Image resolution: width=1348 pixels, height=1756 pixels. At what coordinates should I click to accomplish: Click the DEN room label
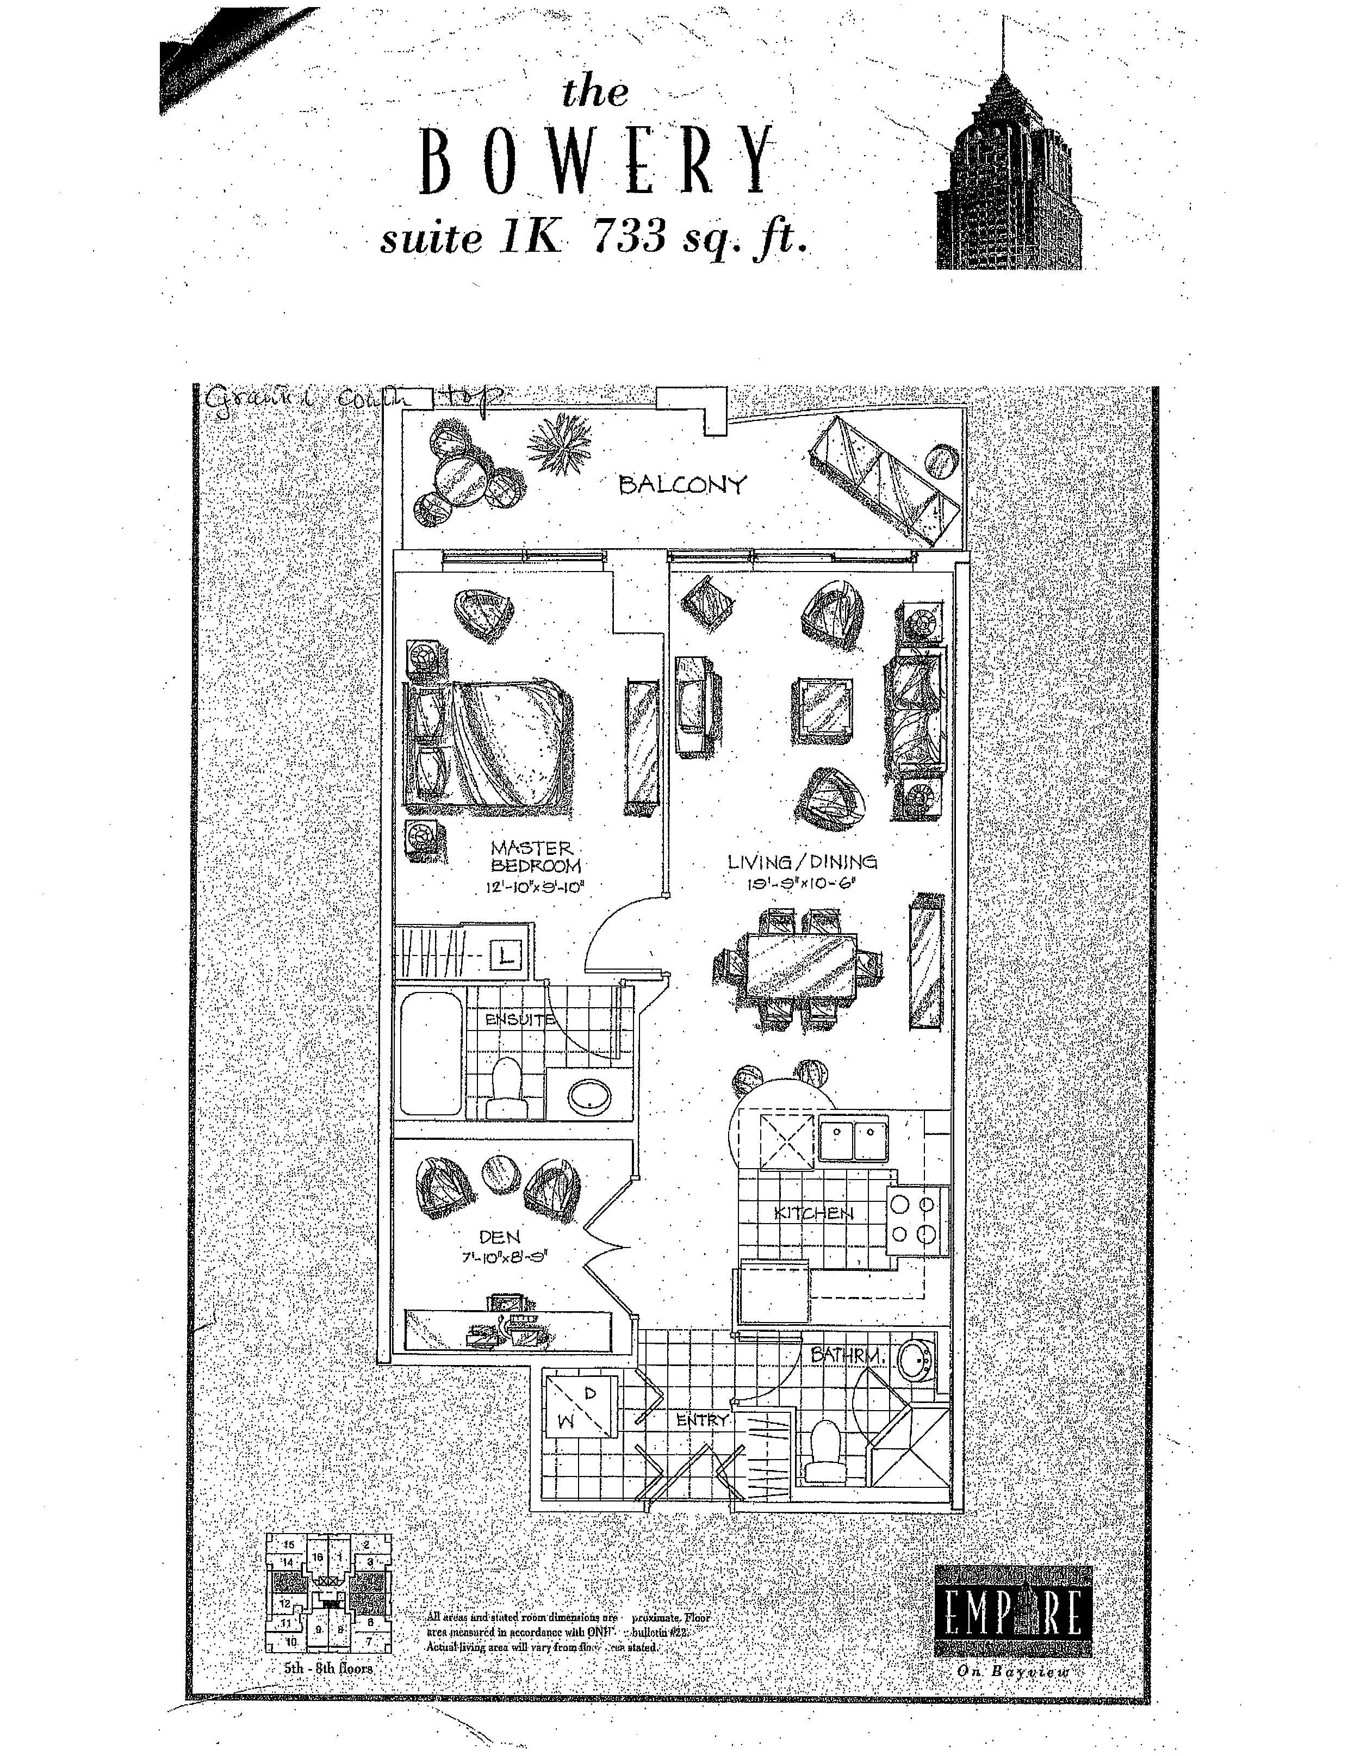tap(499, 1237)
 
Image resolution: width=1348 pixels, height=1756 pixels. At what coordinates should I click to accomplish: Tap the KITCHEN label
tap(813, 1213)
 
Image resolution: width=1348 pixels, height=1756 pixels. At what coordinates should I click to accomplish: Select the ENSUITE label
tap(520, 1020)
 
